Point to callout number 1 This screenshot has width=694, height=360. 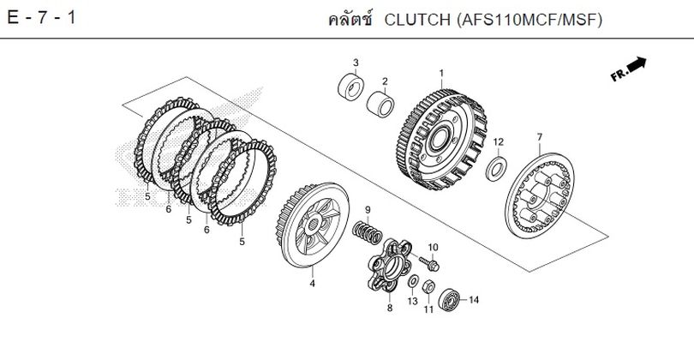[441, 73]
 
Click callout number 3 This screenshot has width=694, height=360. [356, 63]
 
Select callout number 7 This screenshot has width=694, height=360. [539, 137]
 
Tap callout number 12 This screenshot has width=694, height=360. [498, 141]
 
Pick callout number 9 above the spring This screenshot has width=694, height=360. [368, 210]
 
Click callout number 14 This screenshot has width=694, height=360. [474, 300]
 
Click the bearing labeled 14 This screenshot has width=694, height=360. [449, 299]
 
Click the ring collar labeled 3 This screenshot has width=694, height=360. [351, 87]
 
